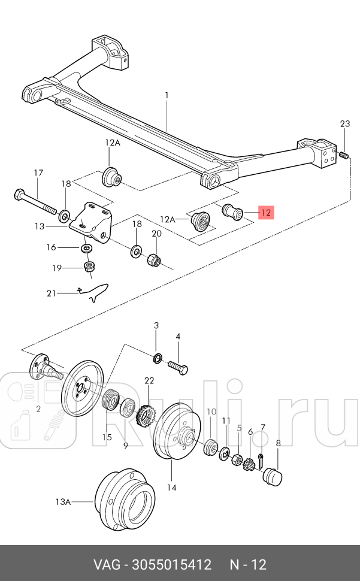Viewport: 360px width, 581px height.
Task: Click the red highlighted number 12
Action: [266, 213]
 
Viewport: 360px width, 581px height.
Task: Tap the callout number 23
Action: [345, 123]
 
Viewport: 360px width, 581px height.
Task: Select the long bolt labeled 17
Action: [35, 202]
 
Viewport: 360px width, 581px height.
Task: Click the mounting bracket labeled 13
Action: [91, 223]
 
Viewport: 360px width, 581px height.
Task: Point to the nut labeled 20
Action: [154, 259]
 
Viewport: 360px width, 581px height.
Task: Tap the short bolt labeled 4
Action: [178, 367]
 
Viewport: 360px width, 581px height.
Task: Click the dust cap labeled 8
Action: [272, 476]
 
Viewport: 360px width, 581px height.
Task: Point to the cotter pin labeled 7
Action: [261, 461]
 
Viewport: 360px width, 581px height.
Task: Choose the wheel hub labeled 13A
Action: [125, 500]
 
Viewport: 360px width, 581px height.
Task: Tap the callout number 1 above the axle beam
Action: [167, 96]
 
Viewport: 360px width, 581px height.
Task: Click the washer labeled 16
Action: [87, 247]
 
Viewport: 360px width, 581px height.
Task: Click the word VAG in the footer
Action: [107, 565]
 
